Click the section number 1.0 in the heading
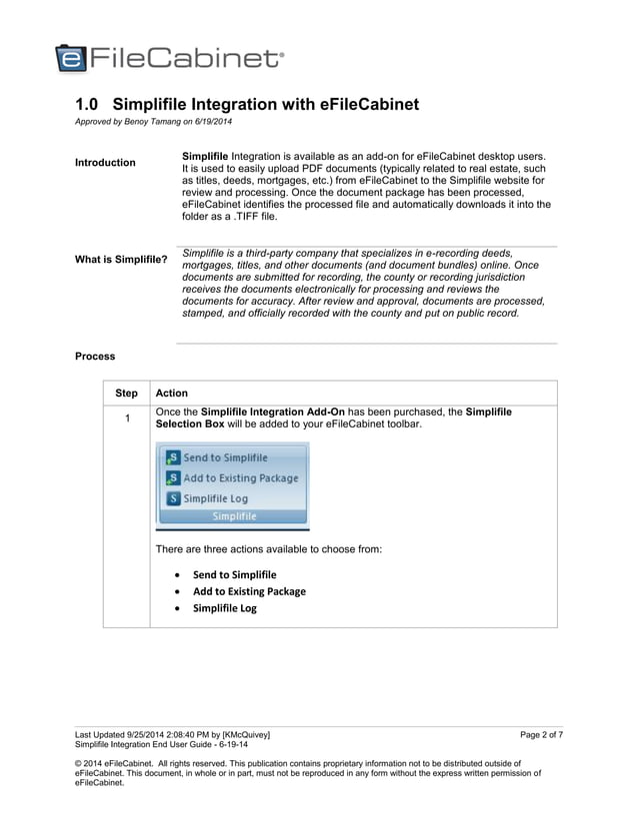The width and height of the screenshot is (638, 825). click(90, 105)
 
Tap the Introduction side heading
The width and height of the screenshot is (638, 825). click(105, 163)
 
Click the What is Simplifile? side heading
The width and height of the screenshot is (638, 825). click(121, 260)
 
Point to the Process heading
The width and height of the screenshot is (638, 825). click(95, 357)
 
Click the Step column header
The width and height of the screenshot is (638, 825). click(126, 394)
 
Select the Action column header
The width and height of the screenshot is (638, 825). click(172, 394)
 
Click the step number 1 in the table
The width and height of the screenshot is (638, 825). click(126, 418)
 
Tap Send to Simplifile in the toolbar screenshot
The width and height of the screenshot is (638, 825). click(224, 457)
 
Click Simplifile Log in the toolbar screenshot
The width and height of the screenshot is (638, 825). click(215, 498)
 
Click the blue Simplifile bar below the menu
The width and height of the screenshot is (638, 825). click(233, 516)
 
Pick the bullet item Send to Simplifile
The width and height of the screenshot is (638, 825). click(234, 575)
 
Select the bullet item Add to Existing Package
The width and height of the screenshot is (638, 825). click(249, 591)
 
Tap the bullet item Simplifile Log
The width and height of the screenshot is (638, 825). click(224, 608)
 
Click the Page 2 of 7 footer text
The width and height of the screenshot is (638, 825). click(541, 735)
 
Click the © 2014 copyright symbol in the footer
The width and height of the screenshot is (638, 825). click(80, 764)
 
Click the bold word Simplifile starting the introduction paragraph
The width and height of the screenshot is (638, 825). click(205, 157)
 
